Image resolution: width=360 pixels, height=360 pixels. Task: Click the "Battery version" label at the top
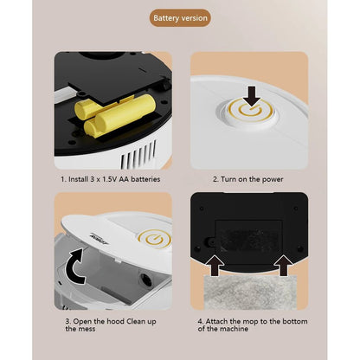click(180, 17)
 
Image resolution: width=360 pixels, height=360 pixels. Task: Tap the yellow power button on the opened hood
click(155, 236)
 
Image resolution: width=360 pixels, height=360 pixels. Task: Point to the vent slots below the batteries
click(139, 157)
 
